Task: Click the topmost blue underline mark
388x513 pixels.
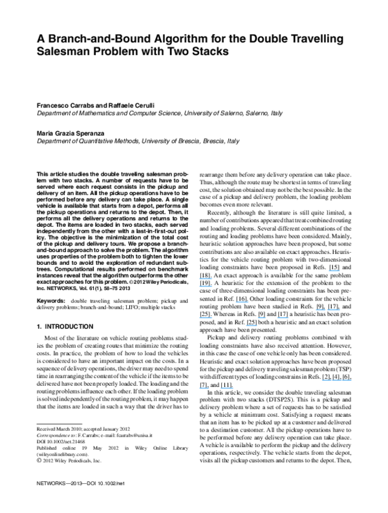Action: click(x=334, y=270)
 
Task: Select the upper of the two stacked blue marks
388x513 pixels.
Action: click(x=206, y=278)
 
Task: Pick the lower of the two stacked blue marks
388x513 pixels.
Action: click(x=206, y=286)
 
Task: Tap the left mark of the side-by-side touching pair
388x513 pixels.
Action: click(x=321, y=309)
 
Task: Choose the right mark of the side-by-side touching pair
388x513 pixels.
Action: click(x=334, y=309)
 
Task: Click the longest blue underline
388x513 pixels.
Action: click(x=337, y=380)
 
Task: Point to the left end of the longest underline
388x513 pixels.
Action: click(x=322, y=380)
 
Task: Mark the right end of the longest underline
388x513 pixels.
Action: click(x=352, y=380)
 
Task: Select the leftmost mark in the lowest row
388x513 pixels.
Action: click(x=204, y=388)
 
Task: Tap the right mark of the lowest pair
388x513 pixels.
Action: click(x=227, y=388)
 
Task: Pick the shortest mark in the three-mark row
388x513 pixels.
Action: click(x=262, y=318)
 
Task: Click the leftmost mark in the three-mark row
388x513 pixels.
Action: click(x=206, y=318)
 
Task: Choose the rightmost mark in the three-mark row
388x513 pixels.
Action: click(x=283, y=318)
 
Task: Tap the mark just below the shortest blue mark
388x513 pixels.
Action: click(x=252, y=325)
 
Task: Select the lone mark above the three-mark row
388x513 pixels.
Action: click(x=242, y=302)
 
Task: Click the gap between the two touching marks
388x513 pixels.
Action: click(x=327, y=309)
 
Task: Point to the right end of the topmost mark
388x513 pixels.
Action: click(x=339, y=270)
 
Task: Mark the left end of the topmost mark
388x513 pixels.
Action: click(x=329, y=270)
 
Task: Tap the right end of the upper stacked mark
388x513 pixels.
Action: click(x=212, y=278)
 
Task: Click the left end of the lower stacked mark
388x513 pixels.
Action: click(x=199, y=286)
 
